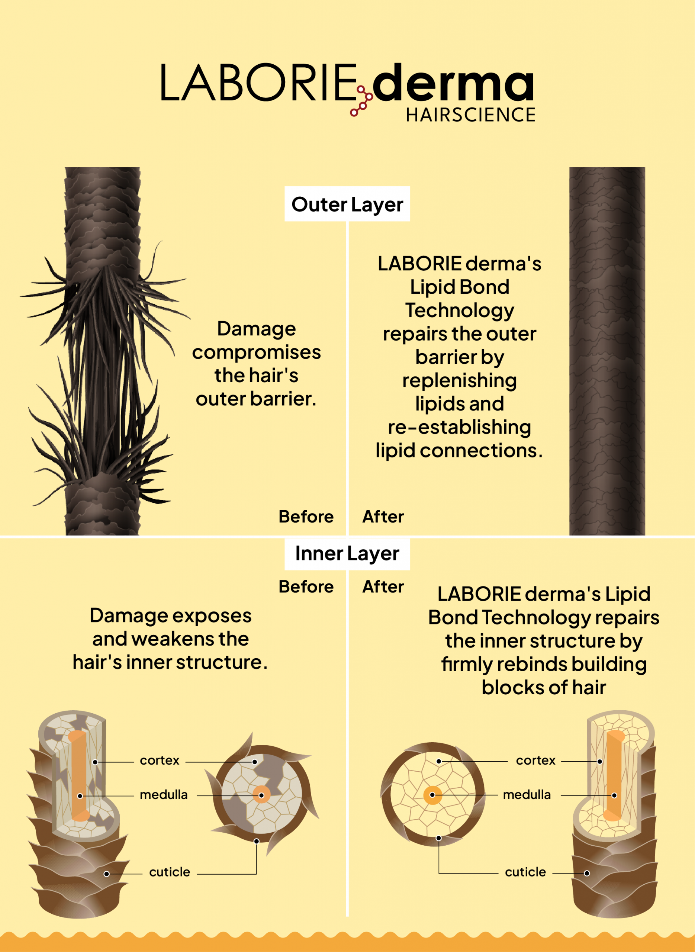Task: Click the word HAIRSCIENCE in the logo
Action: tap(470, 115)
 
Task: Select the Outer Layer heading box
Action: tap(347, 204)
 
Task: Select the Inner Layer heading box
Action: tap(347, 553)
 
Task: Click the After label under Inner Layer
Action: tap(383, 586)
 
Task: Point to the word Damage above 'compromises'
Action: tap(256, 328)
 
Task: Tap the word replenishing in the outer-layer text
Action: tap(459, 380)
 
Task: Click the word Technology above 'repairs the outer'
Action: tap(459, 311)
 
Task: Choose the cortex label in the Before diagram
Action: tap(160, 760)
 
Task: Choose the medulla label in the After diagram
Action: tap(527, 795)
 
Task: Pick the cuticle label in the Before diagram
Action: tap(170, 872)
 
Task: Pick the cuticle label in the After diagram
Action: tap(525, 872)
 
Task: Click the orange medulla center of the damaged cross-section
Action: tap(261, 795)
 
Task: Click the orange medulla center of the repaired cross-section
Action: tap(432, 795)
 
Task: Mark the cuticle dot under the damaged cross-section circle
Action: tap(256, 841)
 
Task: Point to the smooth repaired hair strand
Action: tap(606, 351)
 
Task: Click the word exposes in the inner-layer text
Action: tap(211, 616)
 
